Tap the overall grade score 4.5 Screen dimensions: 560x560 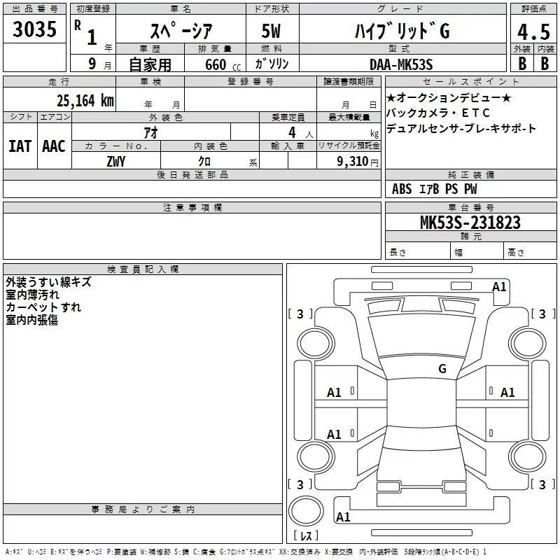[x=532, y=32]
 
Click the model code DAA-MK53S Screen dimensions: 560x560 [x=401, y=64]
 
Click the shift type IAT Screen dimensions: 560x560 [x=20, y=146]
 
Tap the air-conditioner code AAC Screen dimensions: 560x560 [x=53, y=146]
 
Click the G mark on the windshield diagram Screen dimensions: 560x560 [x=442, y=368]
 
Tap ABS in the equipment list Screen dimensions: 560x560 [x=402, y=189]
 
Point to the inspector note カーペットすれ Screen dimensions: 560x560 [x=43, y=307]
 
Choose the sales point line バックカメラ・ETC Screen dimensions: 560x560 [x=438, y=113]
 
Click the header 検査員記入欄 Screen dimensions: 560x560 [x=143, y=269]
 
